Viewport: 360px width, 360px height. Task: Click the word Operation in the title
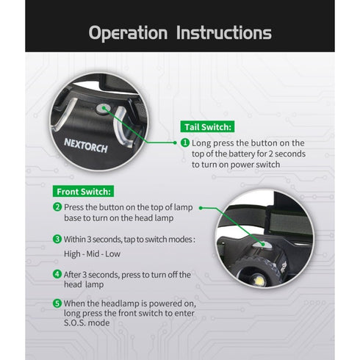click(x=128, y=33)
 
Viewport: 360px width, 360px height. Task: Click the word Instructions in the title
click(x=224, y=32)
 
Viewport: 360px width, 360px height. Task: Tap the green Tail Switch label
click(x=207, y=126)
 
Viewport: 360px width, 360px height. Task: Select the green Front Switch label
click(x=83, y=191)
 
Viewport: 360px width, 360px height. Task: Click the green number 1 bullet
click(x=185, y=143)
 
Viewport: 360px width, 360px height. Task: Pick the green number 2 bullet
click(x=57, y=207)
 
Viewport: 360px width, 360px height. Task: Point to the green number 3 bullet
click(x=57, y=239)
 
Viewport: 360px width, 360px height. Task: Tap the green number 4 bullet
click(x=57, y=274)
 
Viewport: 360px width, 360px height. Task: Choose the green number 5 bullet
click(x=57, y=303)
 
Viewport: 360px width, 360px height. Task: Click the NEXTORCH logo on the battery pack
click(x=86, y=145)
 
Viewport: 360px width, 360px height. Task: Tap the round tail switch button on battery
click(x=103, y=109)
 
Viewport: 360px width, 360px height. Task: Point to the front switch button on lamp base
click(x=261, y=244)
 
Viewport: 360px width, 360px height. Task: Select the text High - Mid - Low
click(x=92, y=253)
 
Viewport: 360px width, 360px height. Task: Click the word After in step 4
click(x=72, y=275)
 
